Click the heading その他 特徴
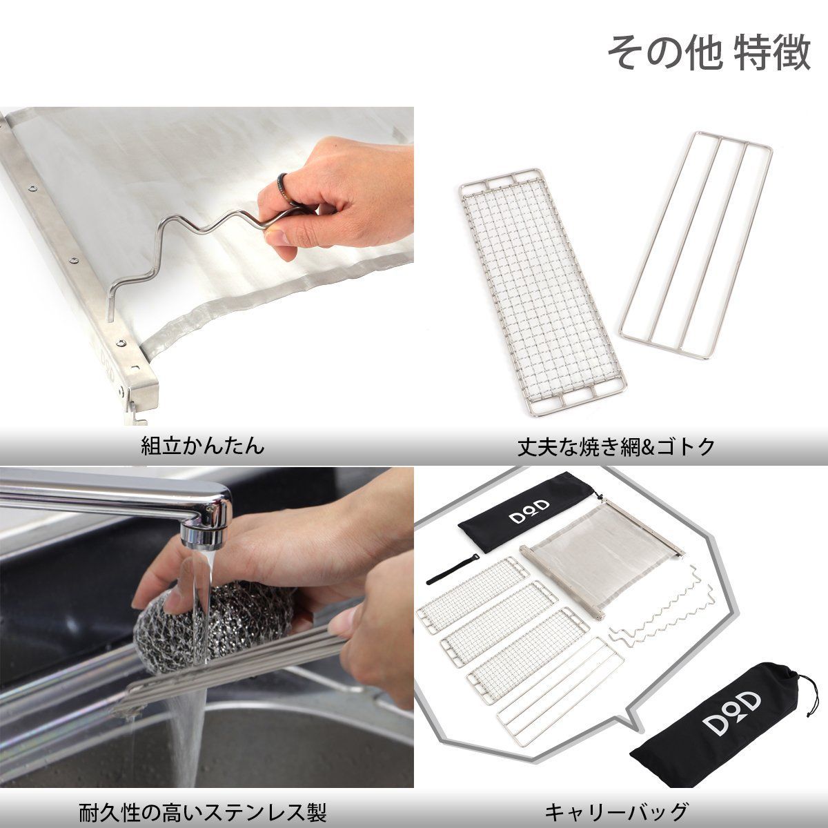point(709,53)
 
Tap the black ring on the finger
point(284,188)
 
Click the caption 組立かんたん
point(202,446)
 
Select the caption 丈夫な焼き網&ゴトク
point(615,447)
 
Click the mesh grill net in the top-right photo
point(543,292)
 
